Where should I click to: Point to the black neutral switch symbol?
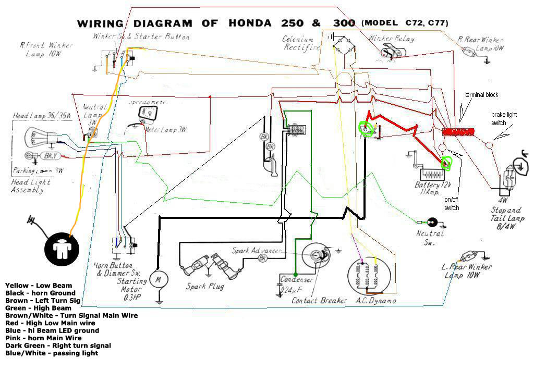(x=432, y=222)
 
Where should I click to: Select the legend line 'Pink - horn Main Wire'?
(x=43, y=338)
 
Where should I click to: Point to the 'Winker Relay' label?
(x=392, y=39)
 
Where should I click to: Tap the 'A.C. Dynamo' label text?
(x=375, y=301)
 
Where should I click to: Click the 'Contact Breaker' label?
(x=319, y=300)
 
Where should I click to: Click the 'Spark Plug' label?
(x=205, y=287)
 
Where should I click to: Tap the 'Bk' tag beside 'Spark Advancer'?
(x=263, y=257)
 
